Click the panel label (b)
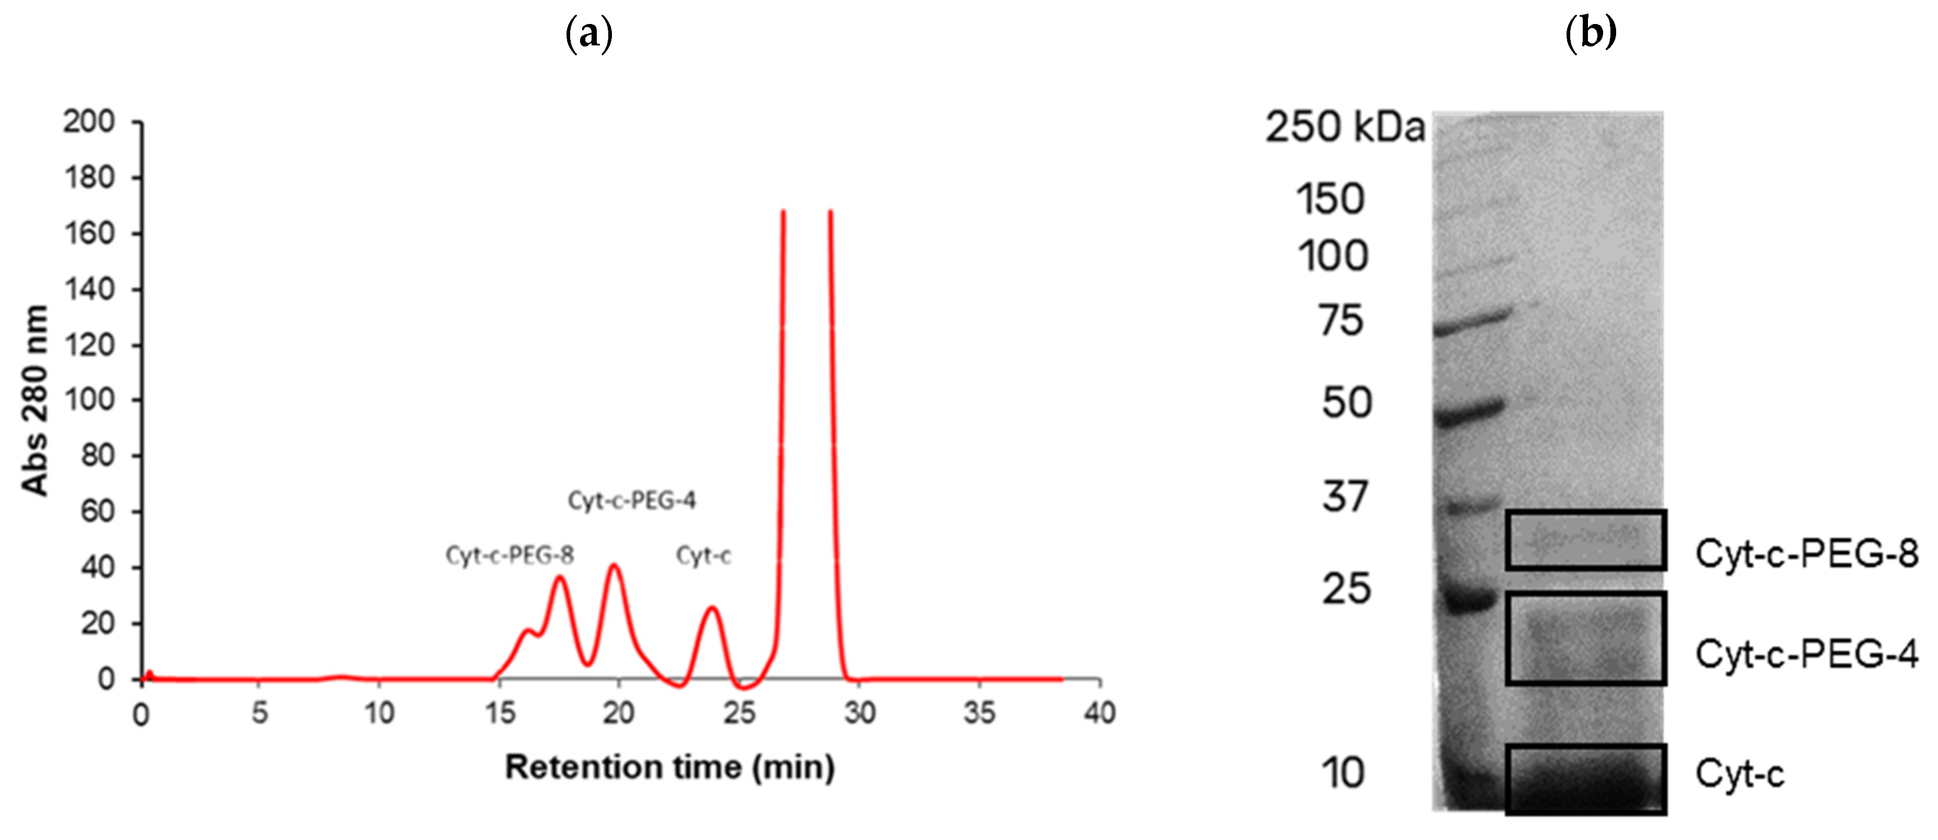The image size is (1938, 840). click(x=1591, y=33)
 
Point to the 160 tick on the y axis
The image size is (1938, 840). click(x=89, y=233)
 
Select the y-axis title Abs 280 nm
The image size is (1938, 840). click(x=34, y=400)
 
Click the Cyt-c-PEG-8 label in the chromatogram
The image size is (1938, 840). click(x=509, y=556)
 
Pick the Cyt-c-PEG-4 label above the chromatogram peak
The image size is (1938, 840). click(x=632, y=500)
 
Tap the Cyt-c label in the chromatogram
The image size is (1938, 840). click(x=703, y=556)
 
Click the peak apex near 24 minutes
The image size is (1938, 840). click(x=712, y=607)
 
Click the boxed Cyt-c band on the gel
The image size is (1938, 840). click(x=1585, y=778)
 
